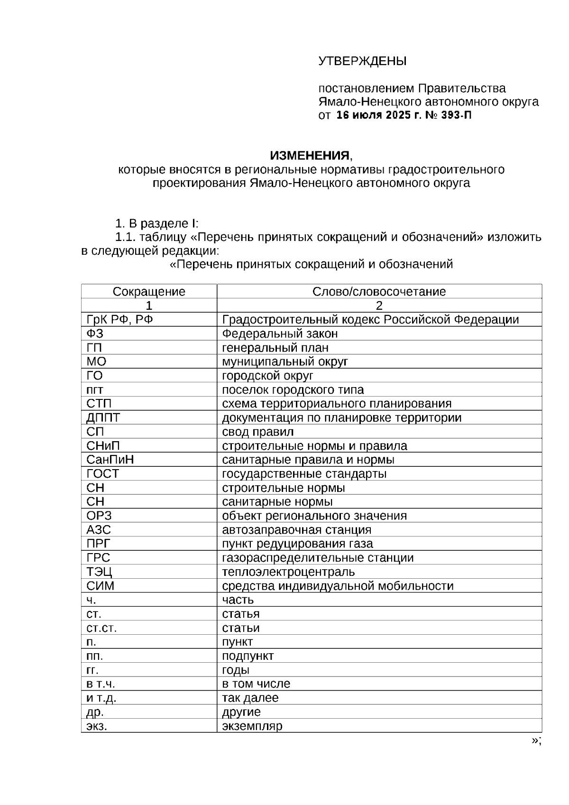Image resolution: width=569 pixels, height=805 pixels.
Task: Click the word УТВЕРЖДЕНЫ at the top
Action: click(362, 62)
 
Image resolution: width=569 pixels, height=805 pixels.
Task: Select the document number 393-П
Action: click(456, 115)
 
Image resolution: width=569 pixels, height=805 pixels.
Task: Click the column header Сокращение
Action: click(149, 292)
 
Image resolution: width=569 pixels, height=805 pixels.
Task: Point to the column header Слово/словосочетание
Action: click(379, 292)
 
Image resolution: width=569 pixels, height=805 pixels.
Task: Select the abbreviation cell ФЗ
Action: click(94, 334)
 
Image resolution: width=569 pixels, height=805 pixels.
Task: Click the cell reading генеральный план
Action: click(275, 348)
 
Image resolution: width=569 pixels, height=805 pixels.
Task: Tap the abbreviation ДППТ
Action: click(103, 418)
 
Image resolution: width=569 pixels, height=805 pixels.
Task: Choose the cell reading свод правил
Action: click(257, 432)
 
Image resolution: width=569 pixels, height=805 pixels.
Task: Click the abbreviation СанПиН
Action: click(110, 460)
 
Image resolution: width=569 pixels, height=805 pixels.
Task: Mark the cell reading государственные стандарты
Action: click(304, 474)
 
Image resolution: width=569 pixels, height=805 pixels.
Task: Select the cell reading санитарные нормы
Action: click(277, 502)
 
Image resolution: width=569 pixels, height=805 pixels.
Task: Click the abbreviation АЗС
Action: click(99, 530)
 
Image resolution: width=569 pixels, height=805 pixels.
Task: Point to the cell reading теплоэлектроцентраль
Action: click(288, 572)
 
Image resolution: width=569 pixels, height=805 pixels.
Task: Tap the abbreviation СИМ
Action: click(100, 586)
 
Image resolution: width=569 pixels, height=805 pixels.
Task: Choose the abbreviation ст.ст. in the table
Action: click(101, 629)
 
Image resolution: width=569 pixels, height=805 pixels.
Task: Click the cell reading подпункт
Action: click(248, 657)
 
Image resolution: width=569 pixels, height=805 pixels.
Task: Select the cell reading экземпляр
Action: click(252, 726)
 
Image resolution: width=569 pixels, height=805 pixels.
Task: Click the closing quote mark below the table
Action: click(536, 741)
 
